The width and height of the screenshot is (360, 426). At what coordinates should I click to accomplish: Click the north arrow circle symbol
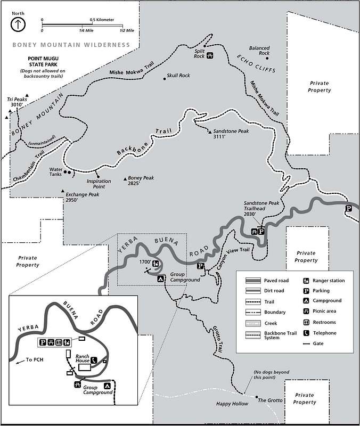[x=19, y=23]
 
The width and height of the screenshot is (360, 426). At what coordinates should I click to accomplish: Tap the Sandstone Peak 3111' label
[x=227, y=134]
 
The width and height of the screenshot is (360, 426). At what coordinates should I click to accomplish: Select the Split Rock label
[x=199, y=53]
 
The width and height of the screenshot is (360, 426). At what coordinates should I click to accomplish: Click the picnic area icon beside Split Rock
[x=211, y=54]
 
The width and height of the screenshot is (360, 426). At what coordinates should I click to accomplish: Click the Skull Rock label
[x=178, y=76]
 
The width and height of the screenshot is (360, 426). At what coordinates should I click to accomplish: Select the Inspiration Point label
[x=99, y=184]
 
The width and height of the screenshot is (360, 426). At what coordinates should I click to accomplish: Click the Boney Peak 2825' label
[x=141, y=181]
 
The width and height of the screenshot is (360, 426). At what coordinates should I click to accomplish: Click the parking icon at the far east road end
[x=348, y=208]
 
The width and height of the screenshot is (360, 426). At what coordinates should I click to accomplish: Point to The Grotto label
[x=269, y=400]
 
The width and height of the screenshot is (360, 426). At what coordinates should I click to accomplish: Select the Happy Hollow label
[x=232, y=404]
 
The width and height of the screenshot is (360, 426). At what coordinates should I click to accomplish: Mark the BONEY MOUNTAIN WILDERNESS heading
[x=71, y=45]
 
